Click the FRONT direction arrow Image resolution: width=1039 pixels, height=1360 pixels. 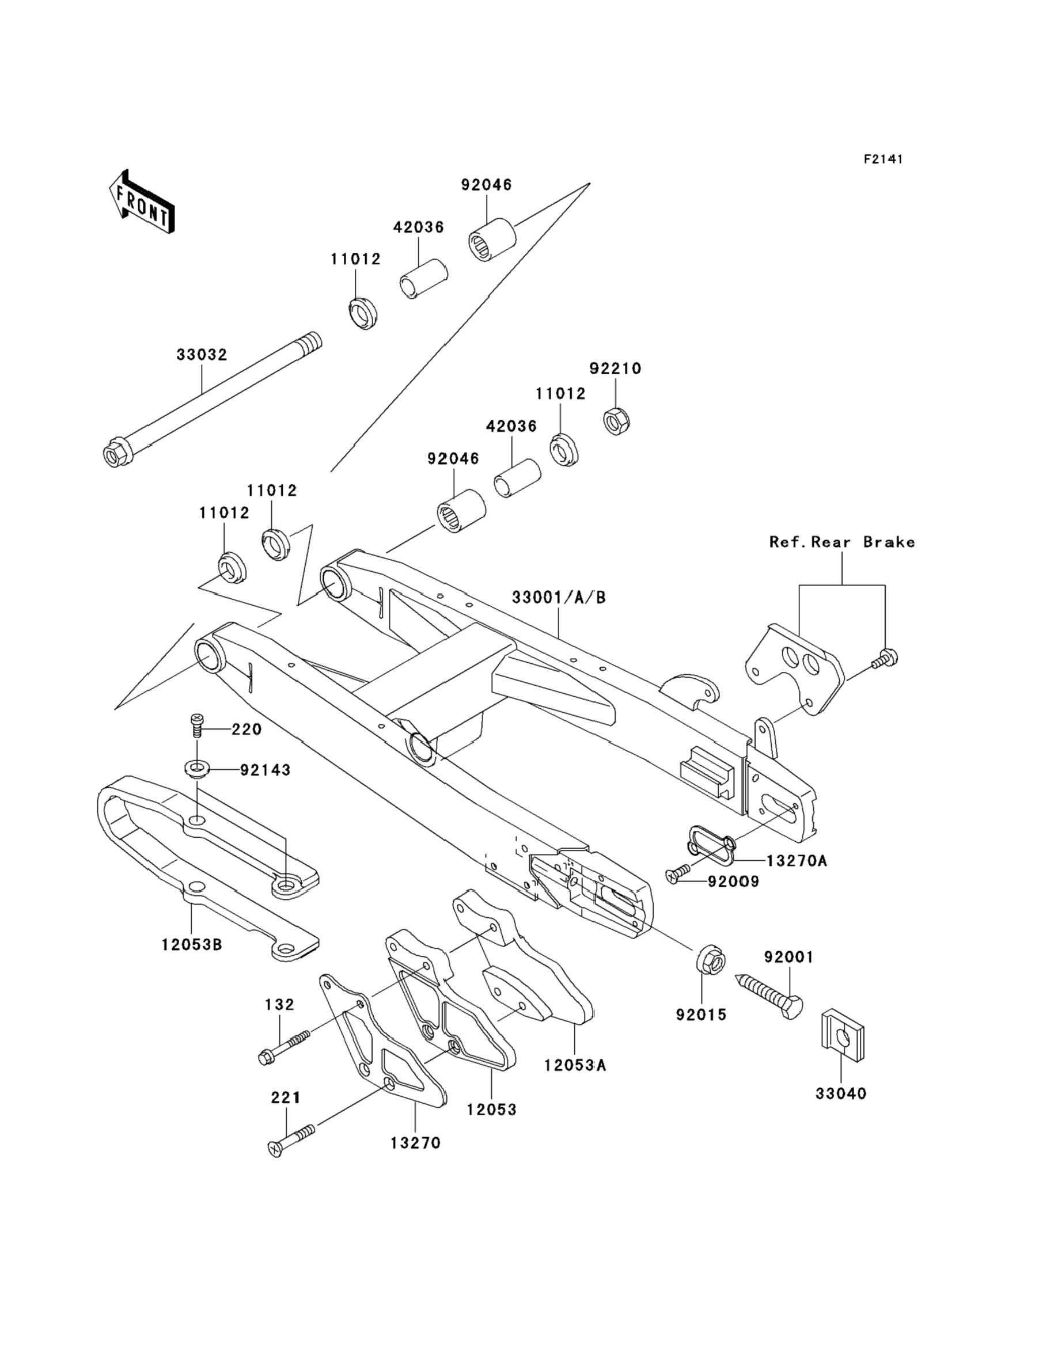coord(142,202)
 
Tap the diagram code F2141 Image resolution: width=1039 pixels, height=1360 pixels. coord(883,159)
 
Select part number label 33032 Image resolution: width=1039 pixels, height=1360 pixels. coord(202,355)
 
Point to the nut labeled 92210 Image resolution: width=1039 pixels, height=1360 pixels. coord(616,421)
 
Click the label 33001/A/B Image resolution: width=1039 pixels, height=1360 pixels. coord(559,597)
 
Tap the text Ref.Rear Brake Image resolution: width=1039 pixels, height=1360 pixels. coord(841,542)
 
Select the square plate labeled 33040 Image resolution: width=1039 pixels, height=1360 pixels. coord(841,1036)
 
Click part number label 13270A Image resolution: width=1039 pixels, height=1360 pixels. coord(796,861)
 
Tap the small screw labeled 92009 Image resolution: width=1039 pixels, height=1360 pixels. coord(679,873)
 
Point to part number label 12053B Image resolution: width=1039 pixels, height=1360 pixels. coord(192,945)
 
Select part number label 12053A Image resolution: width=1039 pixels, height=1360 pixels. coord(575,1065)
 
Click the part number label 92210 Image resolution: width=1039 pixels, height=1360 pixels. coord(615,369)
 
